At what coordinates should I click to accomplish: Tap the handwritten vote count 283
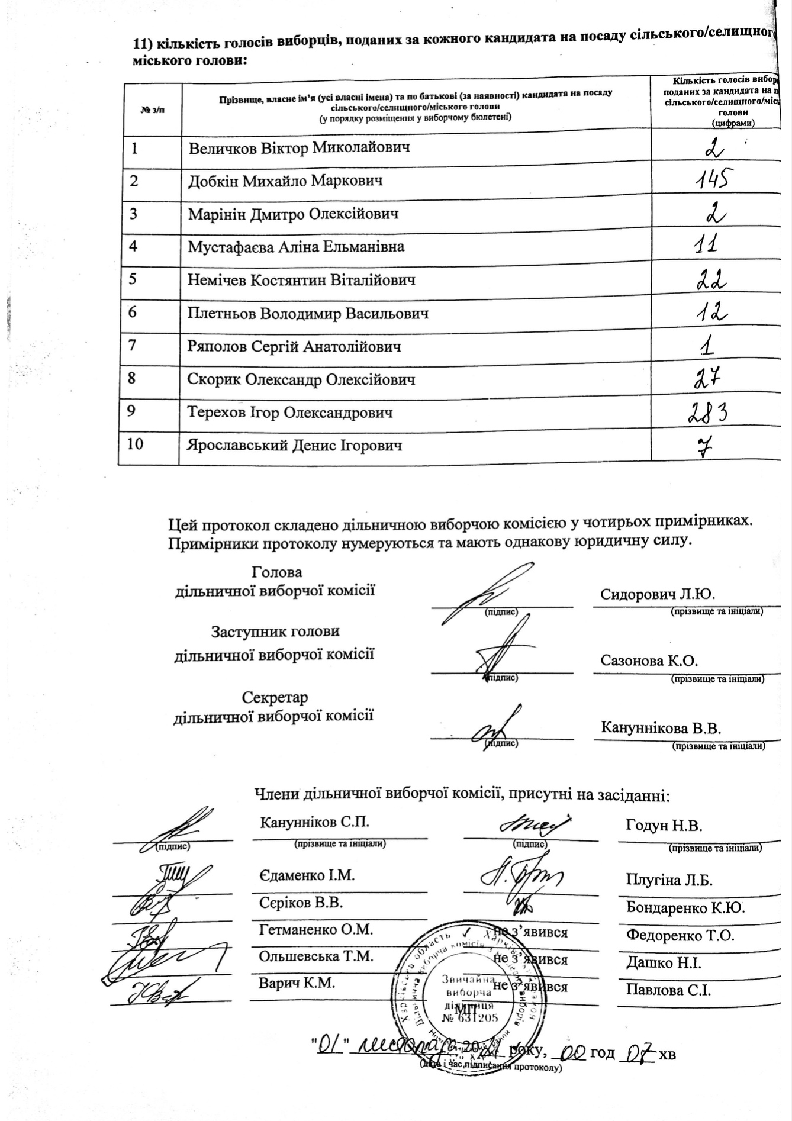click(707, 413)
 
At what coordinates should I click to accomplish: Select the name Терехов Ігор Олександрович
click(290, 413)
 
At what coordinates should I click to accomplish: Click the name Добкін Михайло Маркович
click(285, 181)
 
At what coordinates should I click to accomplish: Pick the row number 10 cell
click(136, 444)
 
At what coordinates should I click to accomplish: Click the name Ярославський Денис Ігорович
click(295, 446)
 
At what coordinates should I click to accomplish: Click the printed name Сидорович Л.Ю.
click(658, 594)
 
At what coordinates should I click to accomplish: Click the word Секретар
click(275, 697)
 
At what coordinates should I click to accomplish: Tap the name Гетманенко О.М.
click(316, 930)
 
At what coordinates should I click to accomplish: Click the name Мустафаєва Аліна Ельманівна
click(296, 247)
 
